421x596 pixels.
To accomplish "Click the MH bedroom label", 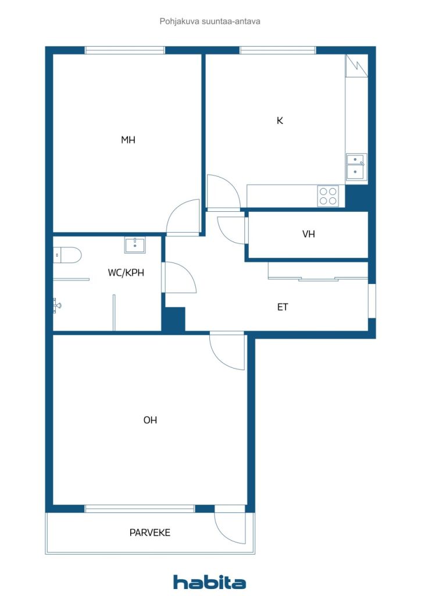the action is pyautogui.click(x=128, y=140).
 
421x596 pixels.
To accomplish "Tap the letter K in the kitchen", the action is pyautogui.click(x=280, y=120).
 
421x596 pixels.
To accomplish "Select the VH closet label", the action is pyautogui.click(x=309, y=234).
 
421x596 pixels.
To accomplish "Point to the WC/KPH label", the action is pyautogui.click(x=126, y=272).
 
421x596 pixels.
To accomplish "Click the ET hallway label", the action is pyautogui.click(x=283, y=307).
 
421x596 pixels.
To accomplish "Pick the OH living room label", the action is pyautogui.click(x=150, y=420).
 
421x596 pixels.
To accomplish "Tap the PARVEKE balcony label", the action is pyautogui.click(x=150, y=533).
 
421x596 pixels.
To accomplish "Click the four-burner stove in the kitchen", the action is pyautogui.click(x=329, y=196).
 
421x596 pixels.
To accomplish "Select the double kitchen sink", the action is pyautogui.click(x=356, y=167).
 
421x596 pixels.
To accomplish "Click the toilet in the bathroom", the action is pyautogui.click(x=67, y=255).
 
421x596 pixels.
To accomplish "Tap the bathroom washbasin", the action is pyautogui.click(x=135, y=245).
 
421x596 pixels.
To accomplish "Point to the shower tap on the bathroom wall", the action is pyautogui.click(x=57, y=305).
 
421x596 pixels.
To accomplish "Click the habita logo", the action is pyautogui.click(x=209, y=582).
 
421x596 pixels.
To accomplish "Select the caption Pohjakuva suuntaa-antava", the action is pyautogui.click(x=210, y=22).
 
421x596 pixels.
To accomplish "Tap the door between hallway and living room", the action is pyautogui.click(x=227, y=350).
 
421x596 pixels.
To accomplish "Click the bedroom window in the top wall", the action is pyautogui.click(x=125, y=50).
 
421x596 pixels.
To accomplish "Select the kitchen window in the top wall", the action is pyautogui.click(x=278, y=50).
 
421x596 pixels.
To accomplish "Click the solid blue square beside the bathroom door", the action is pyautogui.click(x=174, y=319).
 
